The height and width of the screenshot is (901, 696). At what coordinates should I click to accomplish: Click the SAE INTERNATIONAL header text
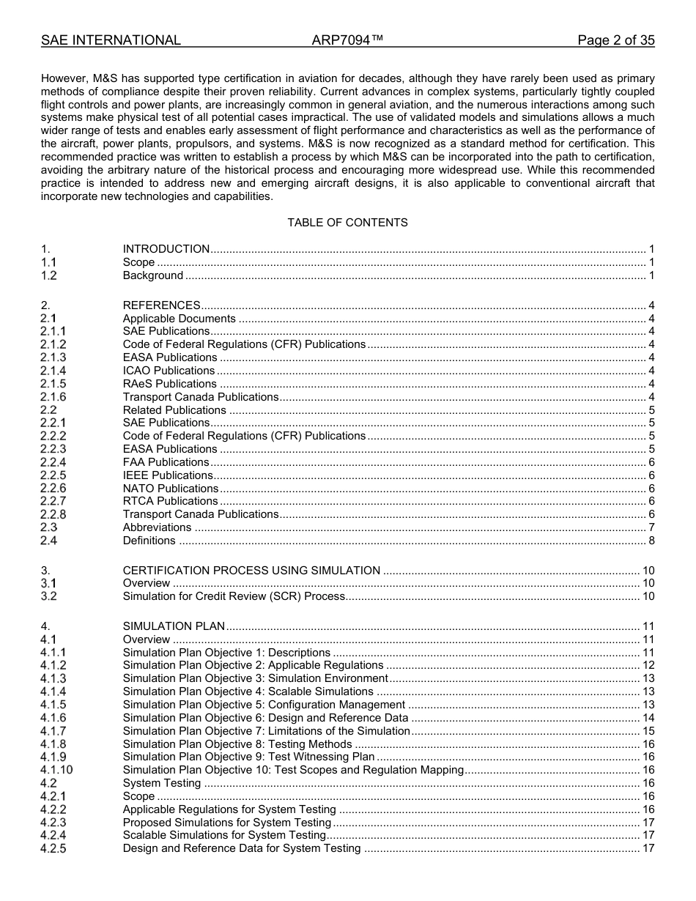click(x=111, y=40)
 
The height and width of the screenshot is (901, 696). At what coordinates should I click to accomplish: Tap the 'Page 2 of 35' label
click(x=615, y=40)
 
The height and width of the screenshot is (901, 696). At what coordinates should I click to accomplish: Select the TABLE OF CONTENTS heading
click(x=347, y=222)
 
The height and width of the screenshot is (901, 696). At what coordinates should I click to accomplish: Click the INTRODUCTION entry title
click(x=166, y=249)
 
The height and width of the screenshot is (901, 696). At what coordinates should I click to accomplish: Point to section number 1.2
click(x=48, y=275)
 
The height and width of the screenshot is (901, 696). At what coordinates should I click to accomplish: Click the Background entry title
click(x=153, y=275)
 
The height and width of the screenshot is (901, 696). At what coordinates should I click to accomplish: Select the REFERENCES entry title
click(x=162, y=305)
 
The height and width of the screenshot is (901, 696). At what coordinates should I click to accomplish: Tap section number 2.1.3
click(x=53, y=357)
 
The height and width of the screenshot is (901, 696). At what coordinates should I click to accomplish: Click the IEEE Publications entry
click(x=168, y=475)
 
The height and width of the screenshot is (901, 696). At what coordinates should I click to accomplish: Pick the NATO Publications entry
click(x=171, y=489)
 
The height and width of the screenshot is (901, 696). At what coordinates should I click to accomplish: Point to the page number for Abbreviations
click(x=651, y=527)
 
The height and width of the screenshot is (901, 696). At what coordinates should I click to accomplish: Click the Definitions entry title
click(x=149, y=541)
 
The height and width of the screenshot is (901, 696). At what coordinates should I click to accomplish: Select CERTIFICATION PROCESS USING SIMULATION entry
click(x=251, y=571)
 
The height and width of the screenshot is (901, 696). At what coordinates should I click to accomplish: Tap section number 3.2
click(x=48, y=596)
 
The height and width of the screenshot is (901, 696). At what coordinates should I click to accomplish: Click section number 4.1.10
click(x=56, y=770)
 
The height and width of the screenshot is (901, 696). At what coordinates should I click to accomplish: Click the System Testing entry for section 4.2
click(x=162, y=783)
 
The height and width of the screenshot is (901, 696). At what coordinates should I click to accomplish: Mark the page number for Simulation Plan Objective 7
click(x=648, y=731)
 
